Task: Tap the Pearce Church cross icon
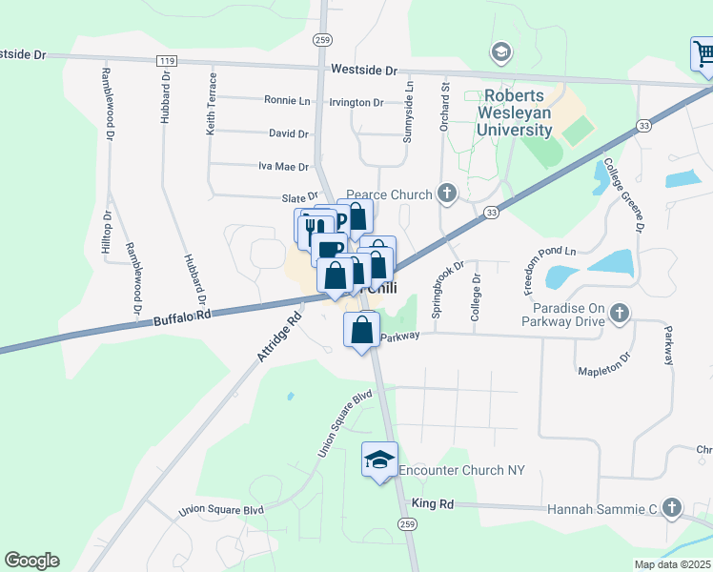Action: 447,194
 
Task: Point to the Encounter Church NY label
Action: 462,471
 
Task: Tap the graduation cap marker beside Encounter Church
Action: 379,460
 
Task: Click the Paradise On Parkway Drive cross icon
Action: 620,312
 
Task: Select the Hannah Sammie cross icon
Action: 672,507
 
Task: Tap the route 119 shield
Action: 168,60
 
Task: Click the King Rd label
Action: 429,502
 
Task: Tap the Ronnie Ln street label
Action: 287,100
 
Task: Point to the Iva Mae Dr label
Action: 284,166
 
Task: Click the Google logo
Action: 31,561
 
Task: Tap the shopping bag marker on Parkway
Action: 361,331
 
